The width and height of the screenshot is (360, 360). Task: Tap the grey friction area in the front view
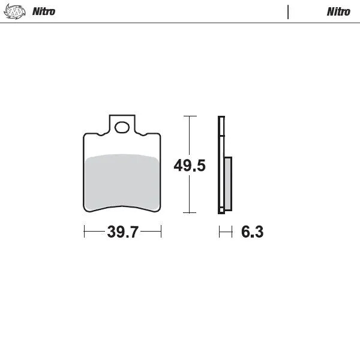(x=122, y=181)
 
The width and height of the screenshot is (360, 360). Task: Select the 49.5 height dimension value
(x=190, y=165)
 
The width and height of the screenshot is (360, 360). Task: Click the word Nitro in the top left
(x=44, y=11)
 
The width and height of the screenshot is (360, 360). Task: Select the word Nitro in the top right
(x=338, y=11)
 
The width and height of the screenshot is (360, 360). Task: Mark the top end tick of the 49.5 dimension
(x=190, y=116)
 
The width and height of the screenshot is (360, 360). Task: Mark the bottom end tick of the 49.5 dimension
(x=190, y=212)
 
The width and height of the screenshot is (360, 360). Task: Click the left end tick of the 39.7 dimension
(x=84, y=232)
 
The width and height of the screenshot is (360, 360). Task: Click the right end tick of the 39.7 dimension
(x=161, y=232)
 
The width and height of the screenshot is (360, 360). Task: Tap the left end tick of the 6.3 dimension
(x=219, y=232)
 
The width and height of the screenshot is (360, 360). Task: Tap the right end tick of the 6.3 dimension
(x=232, y=232)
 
